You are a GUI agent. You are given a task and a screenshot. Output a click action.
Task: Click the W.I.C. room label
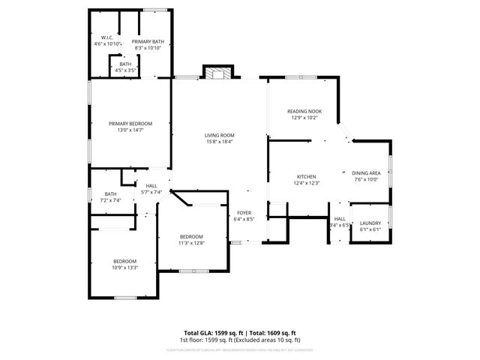(107, 38)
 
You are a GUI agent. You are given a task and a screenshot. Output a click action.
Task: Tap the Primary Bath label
(147, 42)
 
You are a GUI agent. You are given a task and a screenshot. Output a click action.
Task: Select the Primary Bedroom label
(130, 124)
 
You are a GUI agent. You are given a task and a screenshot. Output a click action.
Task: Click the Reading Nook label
(304, 112)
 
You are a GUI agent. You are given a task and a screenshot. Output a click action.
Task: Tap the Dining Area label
(366, 173)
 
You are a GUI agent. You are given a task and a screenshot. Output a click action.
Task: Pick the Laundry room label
(370, 223)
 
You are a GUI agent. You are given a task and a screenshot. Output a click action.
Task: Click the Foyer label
(244, 214)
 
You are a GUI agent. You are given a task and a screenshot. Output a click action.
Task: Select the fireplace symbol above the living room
(220, 73)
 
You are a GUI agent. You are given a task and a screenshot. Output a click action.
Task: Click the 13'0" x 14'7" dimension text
(130, 130)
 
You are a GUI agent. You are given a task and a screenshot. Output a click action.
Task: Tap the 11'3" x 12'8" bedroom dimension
(191, 243)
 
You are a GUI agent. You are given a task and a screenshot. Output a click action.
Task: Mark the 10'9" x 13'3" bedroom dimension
(124, 267)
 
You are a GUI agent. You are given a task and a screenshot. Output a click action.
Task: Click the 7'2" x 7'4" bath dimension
(111, 200)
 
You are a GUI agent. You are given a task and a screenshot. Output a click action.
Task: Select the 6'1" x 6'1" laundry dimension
(370, 230)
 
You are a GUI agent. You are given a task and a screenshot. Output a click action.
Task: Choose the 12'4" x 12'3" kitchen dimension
(307, 183)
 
